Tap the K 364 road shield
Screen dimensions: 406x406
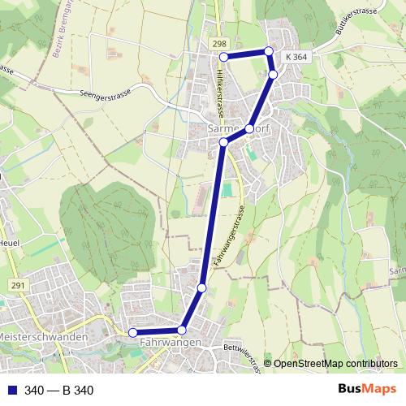tap(296, 57)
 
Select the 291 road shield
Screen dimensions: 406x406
tap(18, 284)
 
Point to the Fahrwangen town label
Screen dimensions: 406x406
tap(170, 343)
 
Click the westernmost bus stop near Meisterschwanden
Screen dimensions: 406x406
tap(133, 331)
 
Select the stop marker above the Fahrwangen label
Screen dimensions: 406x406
tap(183, 330)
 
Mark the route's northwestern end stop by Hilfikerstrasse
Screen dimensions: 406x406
tap(224, 57)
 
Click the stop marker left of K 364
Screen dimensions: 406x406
tap(269, 51)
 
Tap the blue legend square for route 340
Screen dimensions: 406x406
tap(11, 391)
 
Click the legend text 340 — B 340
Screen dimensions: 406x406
tap(59, 391)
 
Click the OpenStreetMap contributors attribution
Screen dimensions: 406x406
tap(335, 364)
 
